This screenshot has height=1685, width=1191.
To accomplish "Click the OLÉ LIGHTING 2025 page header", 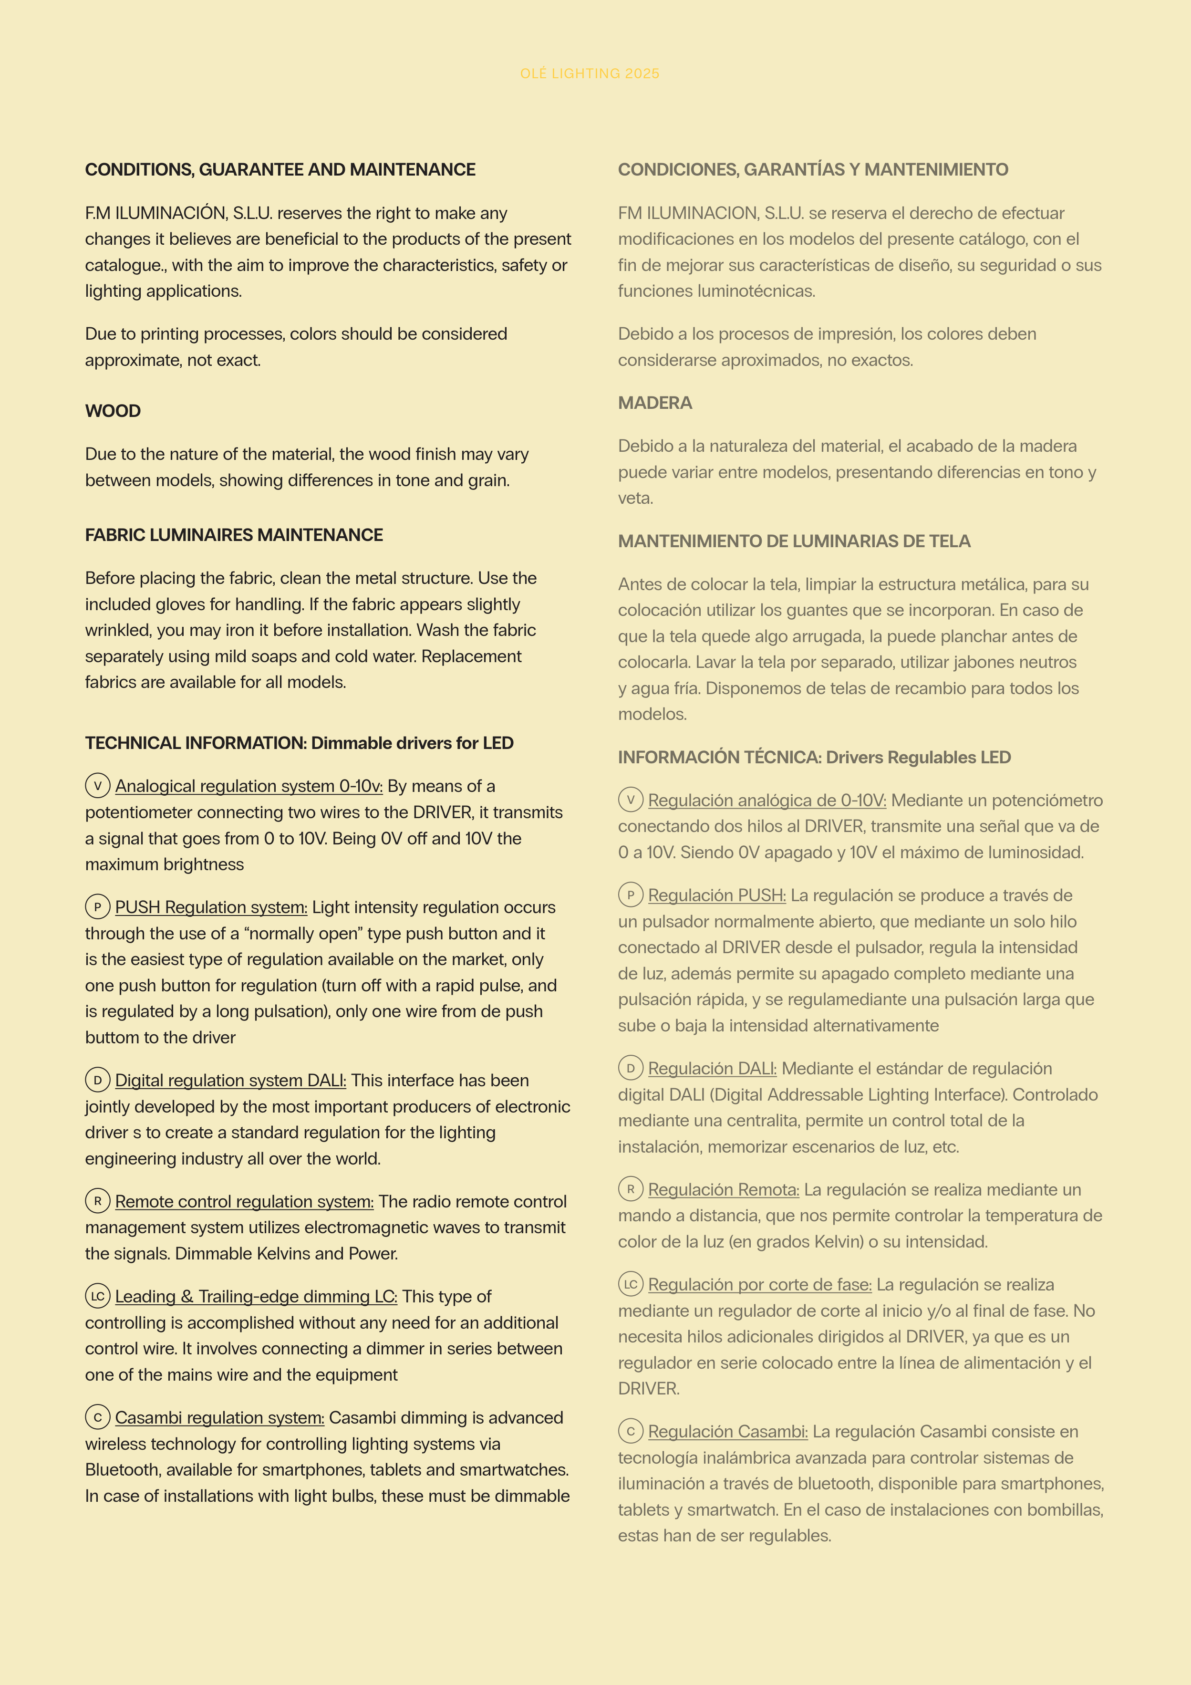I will click(589, 73).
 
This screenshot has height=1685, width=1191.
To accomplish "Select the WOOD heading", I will click(113, 411).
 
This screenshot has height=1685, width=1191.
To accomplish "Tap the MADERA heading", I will click(654, 403).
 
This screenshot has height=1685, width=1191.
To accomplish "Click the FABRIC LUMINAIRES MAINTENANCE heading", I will click(234, 535).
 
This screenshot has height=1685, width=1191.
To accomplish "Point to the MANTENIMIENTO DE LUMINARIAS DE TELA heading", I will click(794, 541).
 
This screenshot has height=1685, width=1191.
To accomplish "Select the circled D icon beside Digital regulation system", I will click(98, 1080).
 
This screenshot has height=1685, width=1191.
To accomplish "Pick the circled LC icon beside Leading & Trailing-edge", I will click(98, 1296).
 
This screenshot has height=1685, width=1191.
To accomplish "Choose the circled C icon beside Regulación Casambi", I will click(631, 1431).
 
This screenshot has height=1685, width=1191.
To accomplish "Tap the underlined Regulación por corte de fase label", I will click(759, 1285).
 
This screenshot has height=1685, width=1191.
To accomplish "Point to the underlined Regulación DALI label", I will click(712, 1069).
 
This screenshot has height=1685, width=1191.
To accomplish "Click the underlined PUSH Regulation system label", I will click(211, 908).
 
